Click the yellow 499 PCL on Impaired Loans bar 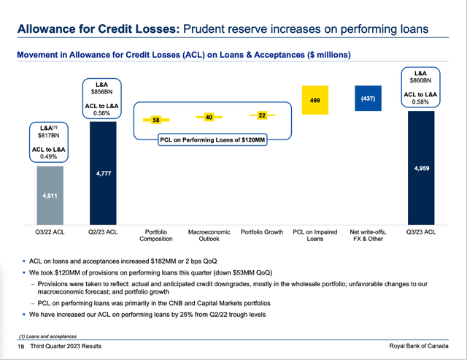[x=314, y=100]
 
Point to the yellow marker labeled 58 [x=156, y=120]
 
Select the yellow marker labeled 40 [x=208, y=117]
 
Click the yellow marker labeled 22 [x=261, y=115]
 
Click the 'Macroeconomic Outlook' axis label [x=209, y=235]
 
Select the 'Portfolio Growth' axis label [x=261, y=232]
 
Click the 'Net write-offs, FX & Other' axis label [x=367, y=235]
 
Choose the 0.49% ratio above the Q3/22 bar [x=50, y=156]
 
